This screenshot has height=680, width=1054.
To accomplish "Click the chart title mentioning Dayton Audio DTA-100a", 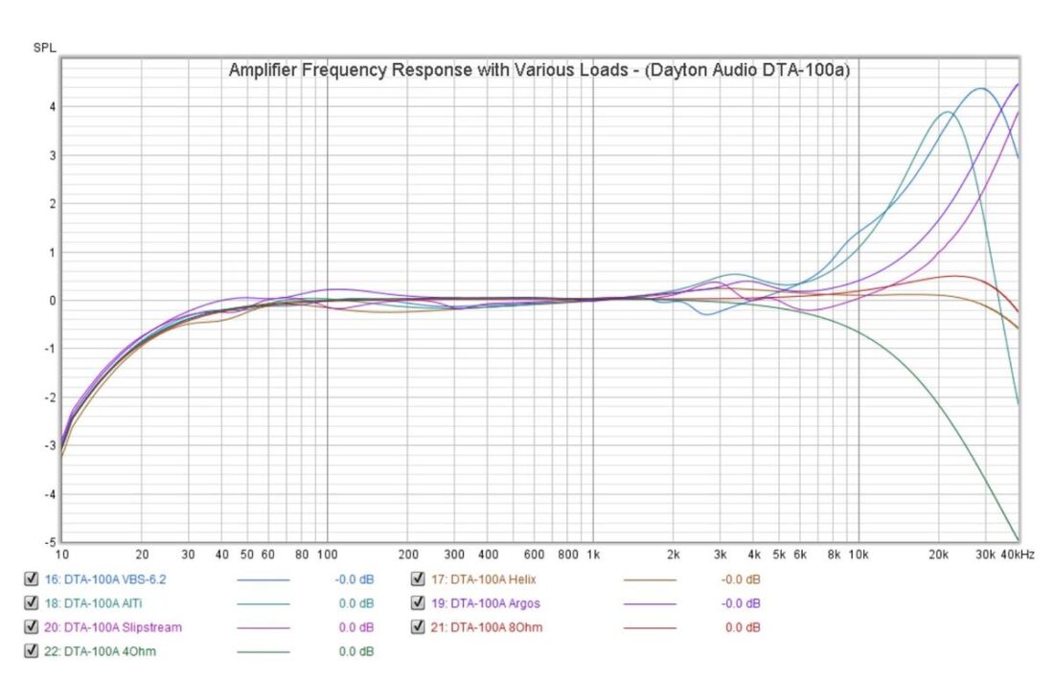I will click(539, 71).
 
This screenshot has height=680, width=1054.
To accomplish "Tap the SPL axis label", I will click(44, 48).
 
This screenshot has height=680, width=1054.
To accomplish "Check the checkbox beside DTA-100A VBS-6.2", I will click(31, 578).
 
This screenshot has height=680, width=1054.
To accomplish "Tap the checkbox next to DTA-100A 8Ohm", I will click(418, 627).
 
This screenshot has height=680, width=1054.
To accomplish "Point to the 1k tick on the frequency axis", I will click(593, 555).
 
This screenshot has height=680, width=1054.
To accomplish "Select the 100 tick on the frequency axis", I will click(328, 555).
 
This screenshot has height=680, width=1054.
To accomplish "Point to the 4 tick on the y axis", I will click(53, 107).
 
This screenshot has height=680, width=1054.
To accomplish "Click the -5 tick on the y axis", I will click(50, 542).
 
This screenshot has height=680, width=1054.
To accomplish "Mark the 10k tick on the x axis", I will click(859, 555).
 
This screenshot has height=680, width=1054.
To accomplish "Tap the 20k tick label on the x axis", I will click(938, 555).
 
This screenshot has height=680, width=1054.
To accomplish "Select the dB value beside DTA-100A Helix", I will click(741, 578).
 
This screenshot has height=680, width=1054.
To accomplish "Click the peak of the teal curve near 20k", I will click(947, 112).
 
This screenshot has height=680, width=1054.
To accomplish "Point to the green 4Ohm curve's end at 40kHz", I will click(1017, 539).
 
